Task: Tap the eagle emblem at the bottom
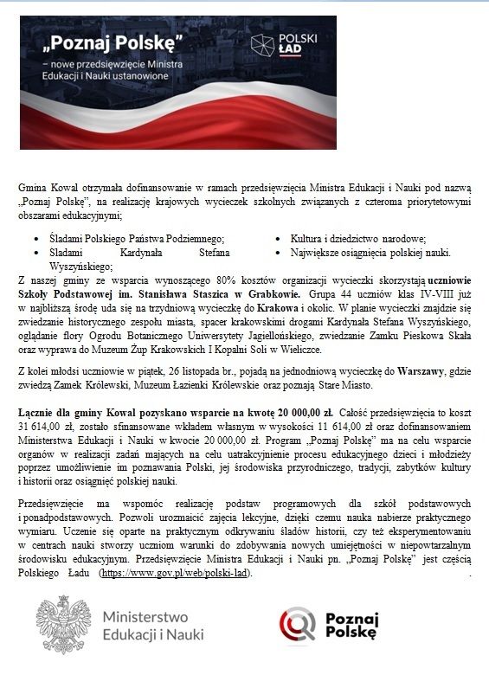[x=62, y=624]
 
